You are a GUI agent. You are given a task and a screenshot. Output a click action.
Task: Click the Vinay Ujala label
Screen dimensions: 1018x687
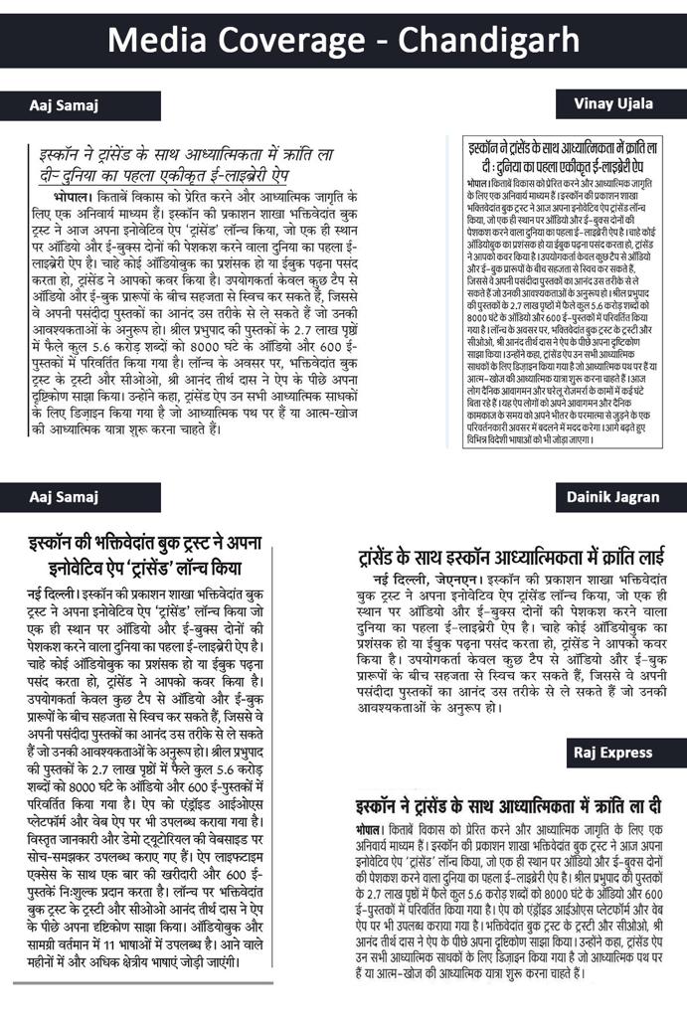coord(612,103)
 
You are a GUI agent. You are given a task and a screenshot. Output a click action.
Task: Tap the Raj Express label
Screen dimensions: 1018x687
coord(612,752)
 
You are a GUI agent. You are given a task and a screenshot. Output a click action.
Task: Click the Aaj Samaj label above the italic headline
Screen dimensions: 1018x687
coord(65,105)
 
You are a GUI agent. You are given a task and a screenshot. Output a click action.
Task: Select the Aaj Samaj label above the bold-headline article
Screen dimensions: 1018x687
coord(65,497)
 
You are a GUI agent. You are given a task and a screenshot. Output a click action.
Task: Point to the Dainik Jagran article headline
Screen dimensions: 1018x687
coord(509,555)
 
